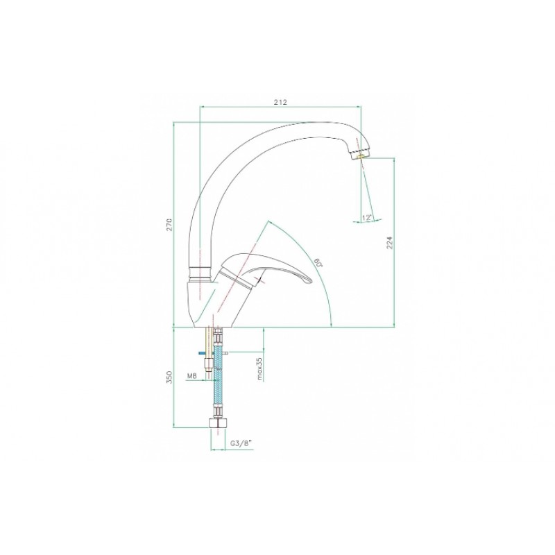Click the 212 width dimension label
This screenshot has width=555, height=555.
coord(280,102)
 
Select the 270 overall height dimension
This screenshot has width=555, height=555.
coord(169,225)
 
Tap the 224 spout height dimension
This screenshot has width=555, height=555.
coord(390,242)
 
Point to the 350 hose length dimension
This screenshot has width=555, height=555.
coord(169,377)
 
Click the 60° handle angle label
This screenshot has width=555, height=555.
coord(318,262)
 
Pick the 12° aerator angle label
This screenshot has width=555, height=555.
coord(367,218)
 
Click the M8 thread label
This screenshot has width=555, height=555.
coord(191,376)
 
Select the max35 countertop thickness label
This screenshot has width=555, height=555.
coord(259,369)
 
